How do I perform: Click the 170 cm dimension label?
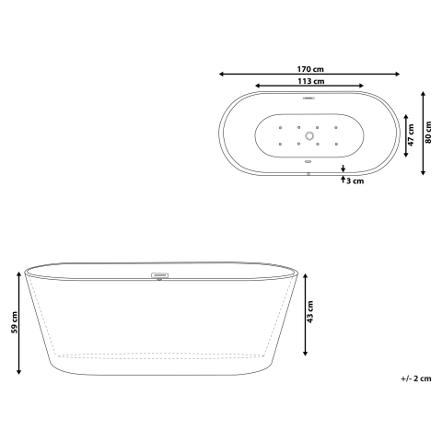pos(309,69)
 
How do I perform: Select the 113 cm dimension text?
pos(309,81)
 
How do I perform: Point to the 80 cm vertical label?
pos(429,134)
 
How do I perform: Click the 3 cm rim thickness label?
pos(356,181)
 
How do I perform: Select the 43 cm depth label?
pos(310,314)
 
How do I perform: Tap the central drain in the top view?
pos(310,134)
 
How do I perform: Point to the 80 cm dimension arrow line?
pos(422,134)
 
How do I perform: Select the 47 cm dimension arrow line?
pos(407,134)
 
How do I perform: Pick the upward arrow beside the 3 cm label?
pos(343,180)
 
